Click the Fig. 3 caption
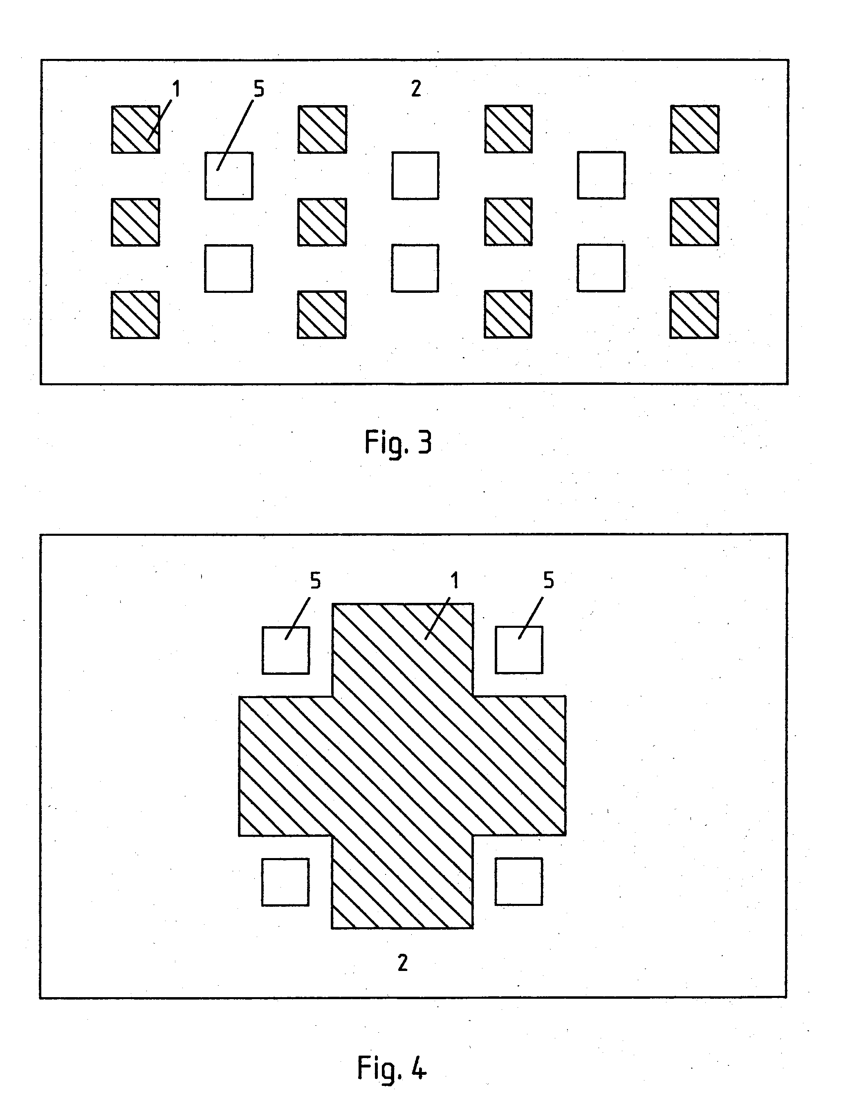(398, 443)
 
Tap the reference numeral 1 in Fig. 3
(176, 89)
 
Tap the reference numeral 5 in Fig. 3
(259, 89)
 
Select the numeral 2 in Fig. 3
(416, 89)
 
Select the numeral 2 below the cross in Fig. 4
(402, 963)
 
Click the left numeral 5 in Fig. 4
(316, 580)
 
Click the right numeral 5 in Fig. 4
(548, 580)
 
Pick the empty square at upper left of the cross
(286, 650)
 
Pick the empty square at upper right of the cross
(519, 650)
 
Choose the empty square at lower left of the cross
(285, 882)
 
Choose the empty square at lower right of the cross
(519, 882)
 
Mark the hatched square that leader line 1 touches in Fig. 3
(136, 129)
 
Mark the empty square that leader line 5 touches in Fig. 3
(229, 176)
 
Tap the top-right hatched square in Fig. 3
(694, 129)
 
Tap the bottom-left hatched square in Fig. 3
(135, 315)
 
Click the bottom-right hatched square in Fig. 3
(694, 315)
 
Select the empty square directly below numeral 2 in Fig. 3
(415, 175)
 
